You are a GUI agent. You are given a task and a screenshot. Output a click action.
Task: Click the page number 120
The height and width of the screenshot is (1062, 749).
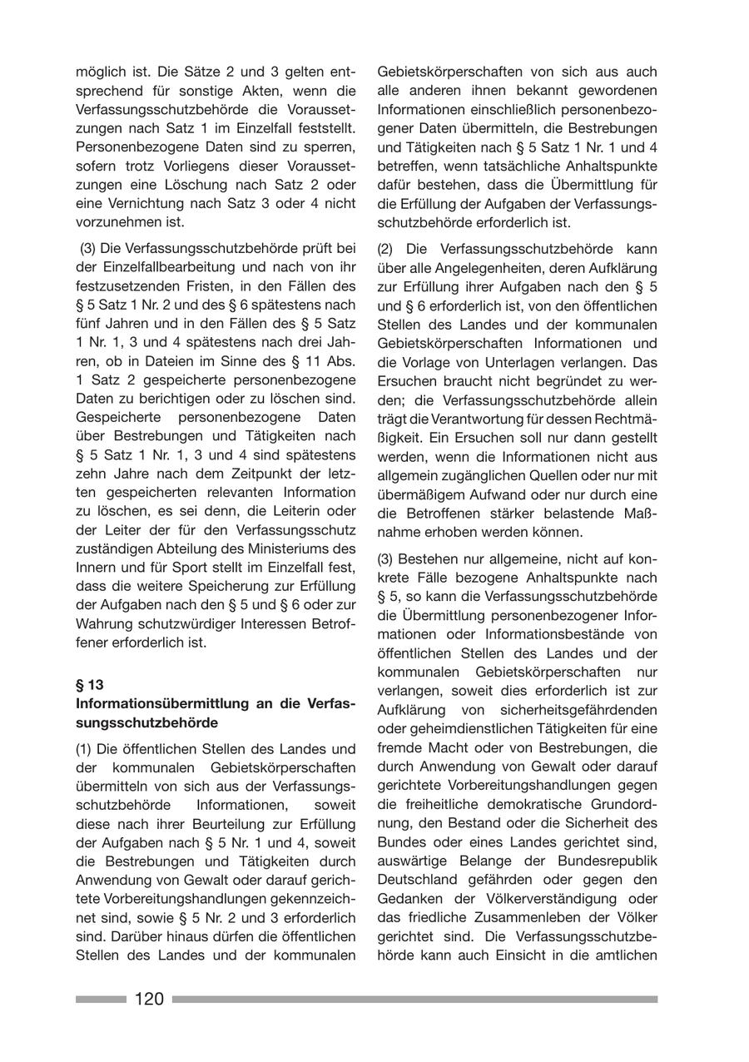point(149,999)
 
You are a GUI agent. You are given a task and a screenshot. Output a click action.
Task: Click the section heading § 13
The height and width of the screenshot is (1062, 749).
point(90,685)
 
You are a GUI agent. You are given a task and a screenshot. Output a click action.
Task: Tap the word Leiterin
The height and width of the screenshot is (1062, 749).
point(305,509)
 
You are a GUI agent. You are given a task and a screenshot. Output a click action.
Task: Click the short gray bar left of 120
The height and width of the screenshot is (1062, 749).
point(100,999)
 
